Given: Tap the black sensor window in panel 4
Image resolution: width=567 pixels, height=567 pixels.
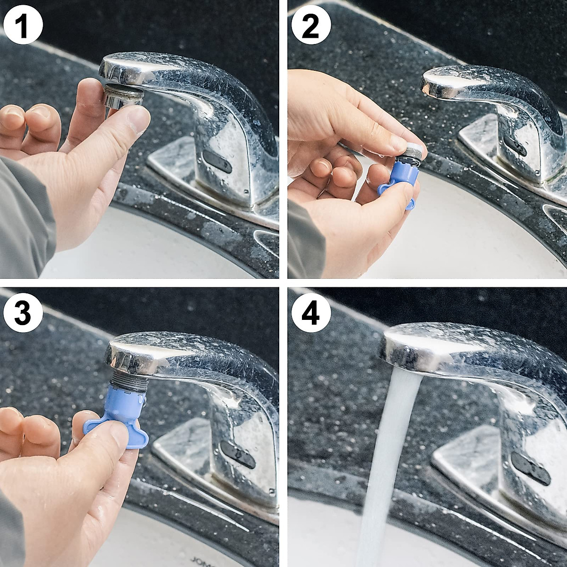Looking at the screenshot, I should pos(532,468).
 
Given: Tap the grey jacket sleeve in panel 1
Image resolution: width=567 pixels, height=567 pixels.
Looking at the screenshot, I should pos(21,222).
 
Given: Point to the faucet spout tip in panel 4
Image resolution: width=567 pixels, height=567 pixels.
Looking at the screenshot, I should pos(402,352).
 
